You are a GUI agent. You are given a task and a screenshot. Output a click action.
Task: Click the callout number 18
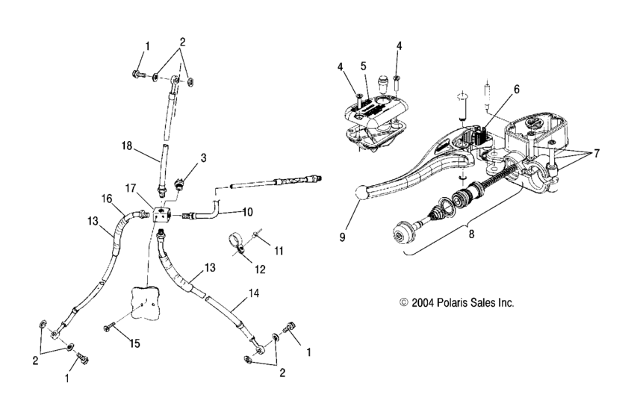click(x=127, y=146)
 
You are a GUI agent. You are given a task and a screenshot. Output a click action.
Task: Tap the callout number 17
click(x=130, y=189)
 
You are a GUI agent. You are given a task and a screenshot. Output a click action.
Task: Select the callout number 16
click(x=107, y=199)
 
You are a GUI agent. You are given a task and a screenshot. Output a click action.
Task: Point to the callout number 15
click(x=135, y=343)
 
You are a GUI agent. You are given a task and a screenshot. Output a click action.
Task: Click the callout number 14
click(x=254, y=293)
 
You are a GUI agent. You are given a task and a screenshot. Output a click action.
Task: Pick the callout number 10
click(x=247, y=212)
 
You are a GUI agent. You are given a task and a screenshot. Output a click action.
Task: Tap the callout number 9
click(x=342, y=237)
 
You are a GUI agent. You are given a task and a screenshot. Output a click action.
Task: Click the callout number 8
click(x=471, y=234)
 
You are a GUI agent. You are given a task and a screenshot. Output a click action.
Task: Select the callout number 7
click(x=597, y=154)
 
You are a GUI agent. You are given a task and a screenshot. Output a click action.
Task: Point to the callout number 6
click(x=517, y=89)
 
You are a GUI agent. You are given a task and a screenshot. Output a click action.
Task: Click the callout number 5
click(x=363, y=66)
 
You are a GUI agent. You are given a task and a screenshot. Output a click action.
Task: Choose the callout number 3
click(x=203, y=157)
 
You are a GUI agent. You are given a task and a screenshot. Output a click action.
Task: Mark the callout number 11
click(x=279, y=251)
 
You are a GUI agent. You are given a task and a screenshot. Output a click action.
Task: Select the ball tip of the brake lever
click(x=361, y=193)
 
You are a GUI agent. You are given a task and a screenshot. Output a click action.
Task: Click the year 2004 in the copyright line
click(x=423, y=302)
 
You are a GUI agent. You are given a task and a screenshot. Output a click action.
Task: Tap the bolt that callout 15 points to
click(x=111, y=326)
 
